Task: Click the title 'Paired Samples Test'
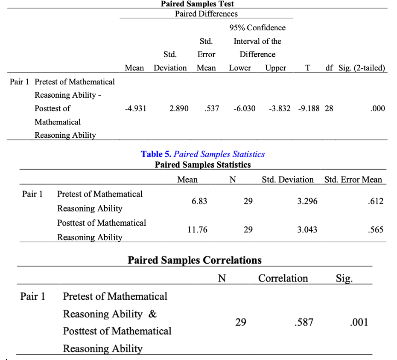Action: click(197, 4)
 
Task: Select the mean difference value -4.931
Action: click(135, 108)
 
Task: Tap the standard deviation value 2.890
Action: click(179, 108)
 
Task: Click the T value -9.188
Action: click(309, 108)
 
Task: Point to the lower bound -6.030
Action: click(245, 108)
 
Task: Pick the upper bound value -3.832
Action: click(280, 108)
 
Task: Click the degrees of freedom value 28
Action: click(329, 108)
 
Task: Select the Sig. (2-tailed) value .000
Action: click(378, 108)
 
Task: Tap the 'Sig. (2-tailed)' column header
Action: click(362, 68)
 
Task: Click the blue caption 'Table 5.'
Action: click(156, 154)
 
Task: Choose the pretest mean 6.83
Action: click(199, 201)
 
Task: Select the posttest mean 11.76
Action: click(197, 229)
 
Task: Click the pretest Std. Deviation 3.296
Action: click(307, 201)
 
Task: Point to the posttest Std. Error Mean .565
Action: click(376, 229)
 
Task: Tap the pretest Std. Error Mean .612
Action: click(376, 201)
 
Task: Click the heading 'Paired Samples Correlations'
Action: click(195, 260)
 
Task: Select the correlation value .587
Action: click(304, 322)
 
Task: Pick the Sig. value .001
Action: click(359, 322)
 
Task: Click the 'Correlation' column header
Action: click(283, 278)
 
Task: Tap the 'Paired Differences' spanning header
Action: click(206, 14)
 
